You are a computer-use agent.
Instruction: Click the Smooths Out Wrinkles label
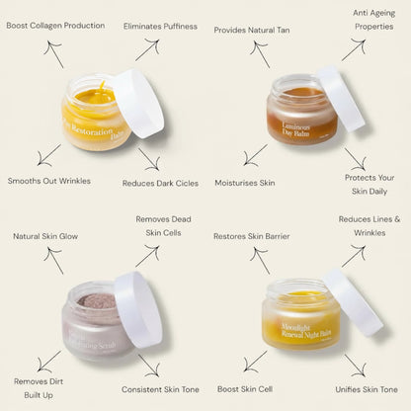pyautogui.click(x=49, y=181)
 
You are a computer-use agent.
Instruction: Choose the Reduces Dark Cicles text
pyautogui.click(x=159, y=183)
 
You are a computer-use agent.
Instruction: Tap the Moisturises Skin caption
pyautogui.click(x=245, y=183)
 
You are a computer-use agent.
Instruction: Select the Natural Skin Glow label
pyautogui.click(x=45, y=236)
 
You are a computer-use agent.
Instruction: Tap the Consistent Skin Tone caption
pyautogui.click(x=162, y=388)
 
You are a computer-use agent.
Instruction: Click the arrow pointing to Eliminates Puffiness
pyautogui.click(x=147, y=49)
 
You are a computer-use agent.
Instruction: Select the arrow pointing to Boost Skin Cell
pyautogui.click(x=255, y=361)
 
